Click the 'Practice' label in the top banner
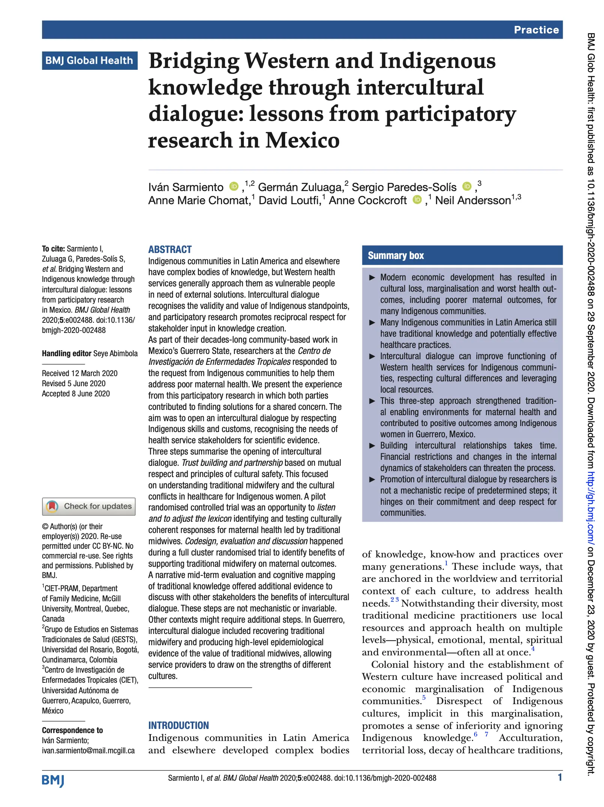[x=536, y=30]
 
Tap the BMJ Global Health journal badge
[x=89, y=60]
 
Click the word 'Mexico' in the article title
[x=302, y=140]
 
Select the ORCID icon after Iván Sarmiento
[x=234, y=186]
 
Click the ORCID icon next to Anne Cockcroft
[x=417, y=200]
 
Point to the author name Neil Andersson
[x=473, y=200]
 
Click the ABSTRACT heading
[x=170, y=250]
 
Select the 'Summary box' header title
[x=396, y=256]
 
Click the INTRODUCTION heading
[x=179, y=726]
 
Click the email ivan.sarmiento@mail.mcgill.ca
[x=88, y=751]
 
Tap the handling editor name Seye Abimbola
[x=115, y=354]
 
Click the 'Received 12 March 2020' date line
[x=80, y=373]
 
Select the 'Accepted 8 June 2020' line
[x=76, y=394]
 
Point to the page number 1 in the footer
[x=560, y=777]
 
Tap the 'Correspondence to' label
[x=72, y=730]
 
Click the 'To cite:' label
[x=53, y=249]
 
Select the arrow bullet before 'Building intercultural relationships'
[x=372, y=446]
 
